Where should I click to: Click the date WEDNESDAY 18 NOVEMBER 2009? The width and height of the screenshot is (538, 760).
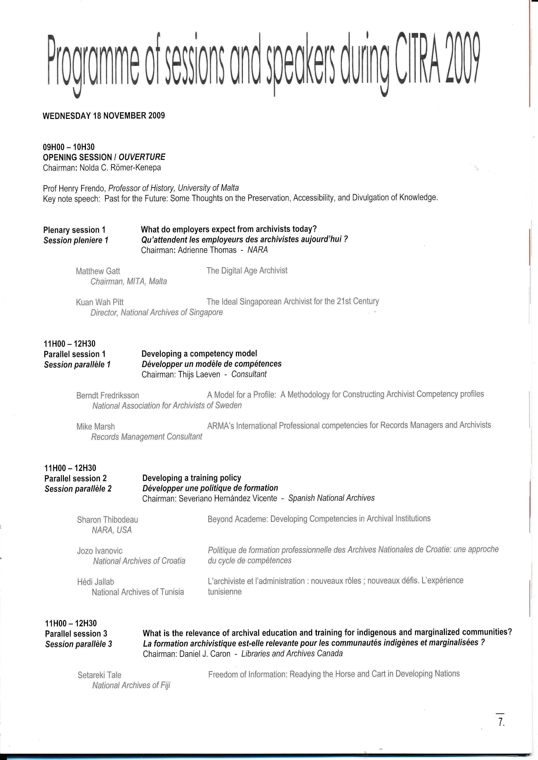point(104,116)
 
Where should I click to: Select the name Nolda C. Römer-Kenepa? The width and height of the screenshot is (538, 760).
point(120,168)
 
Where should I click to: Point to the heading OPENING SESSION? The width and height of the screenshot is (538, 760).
point(77,157)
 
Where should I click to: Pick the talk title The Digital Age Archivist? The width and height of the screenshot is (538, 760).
point(247,271)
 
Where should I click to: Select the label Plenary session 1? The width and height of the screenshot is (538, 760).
point(74,230)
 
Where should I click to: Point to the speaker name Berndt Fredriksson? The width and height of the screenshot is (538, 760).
point(108,395)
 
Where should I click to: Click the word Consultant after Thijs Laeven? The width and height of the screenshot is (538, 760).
point(249,374)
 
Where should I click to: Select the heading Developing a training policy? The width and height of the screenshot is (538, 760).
point(192,478)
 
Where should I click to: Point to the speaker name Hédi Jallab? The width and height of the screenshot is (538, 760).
point(95,582)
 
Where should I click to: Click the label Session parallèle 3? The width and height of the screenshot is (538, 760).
point(79,644)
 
